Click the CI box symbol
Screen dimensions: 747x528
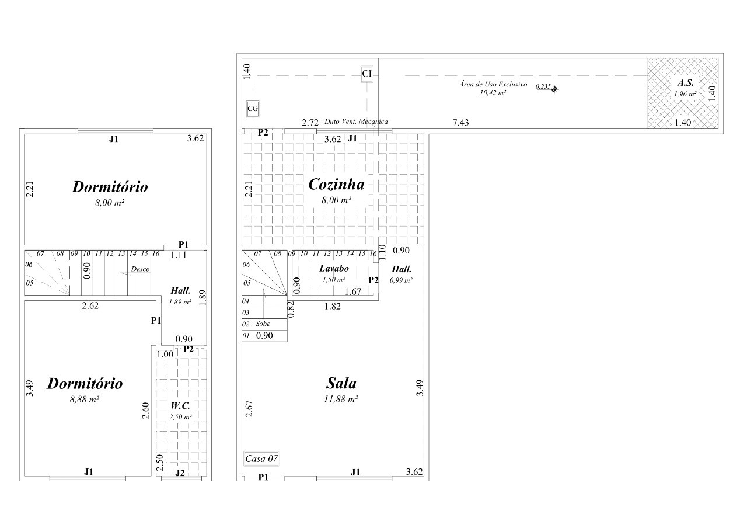pos(367,74)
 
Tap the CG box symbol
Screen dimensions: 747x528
pos(253,109)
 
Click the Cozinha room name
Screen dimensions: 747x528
pos(336,184)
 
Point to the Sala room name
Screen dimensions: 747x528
pos(341,383)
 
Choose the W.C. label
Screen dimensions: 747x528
pos(180,406)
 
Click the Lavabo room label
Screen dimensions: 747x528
pos(334,268)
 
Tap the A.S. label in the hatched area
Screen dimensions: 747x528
pos(685,83)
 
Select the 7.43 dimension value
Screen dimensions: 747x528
pos(460,123)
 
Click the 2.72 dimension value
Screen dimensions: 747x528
pos(310,123)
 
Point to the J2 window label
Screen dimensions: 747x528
pos(180,473)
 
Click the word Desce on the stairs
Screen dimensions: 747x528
pos(140,269)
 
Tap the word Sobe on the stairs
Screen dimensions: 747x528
pos(263,324)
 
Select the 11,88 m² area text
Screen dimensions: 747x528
pos(341,399)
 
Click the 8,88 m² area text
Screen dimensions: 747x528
pos(85,399)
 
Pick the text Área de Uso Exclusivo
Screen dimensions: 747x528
pos(493,84)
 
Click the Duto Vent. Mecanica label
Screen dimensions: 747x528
pos(356,121)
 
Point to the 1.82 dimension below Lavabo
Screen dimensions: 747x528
pos(333,306)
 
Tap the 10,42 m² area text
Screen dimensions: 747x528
pos(493,93)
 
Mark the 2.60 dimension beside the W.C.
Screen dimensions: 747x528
pos(145,411)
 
